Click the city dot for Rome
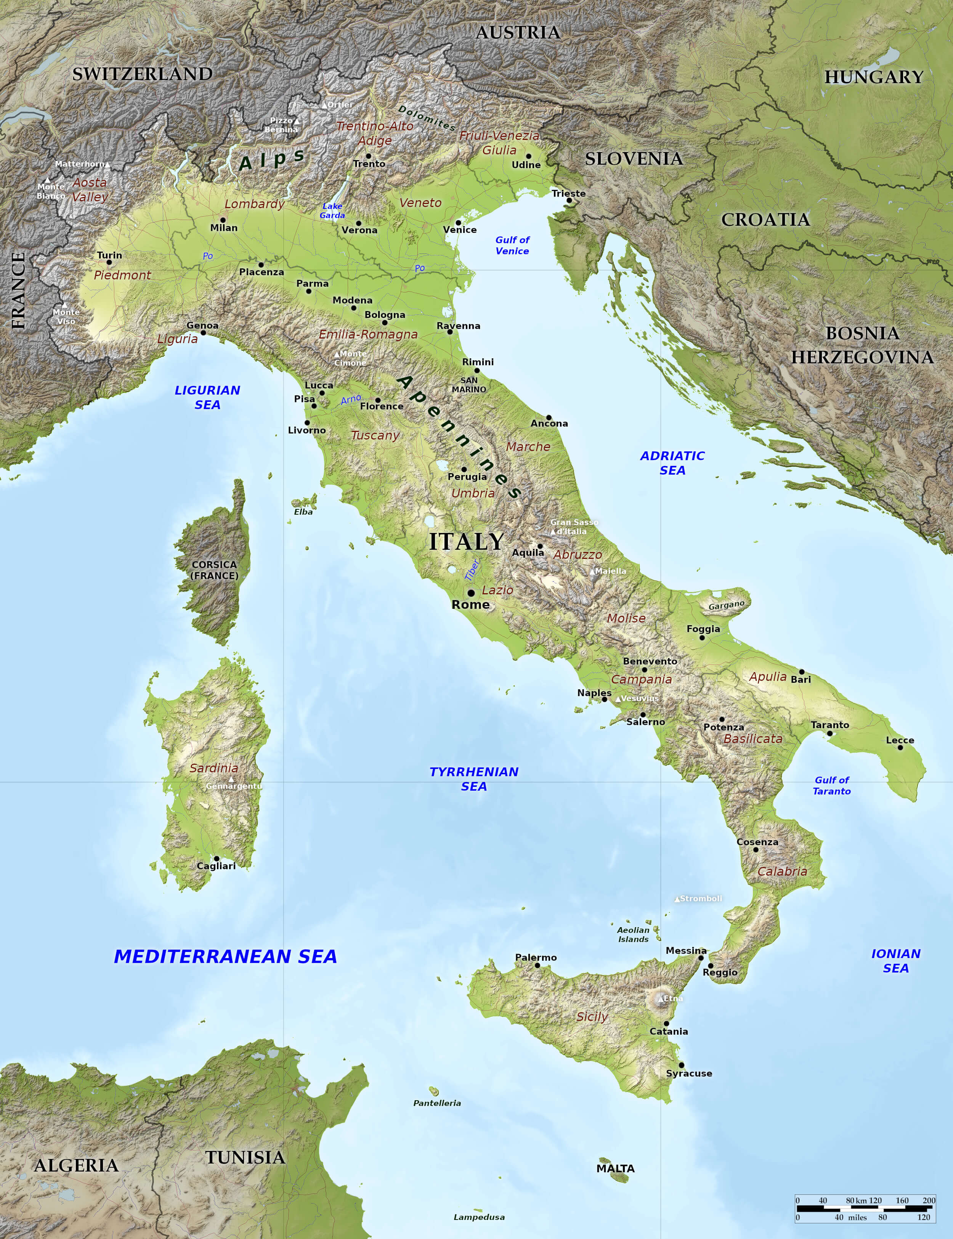point(471,593)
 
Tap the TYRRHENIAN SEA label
point(474,779)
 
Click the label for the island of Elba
point(303,512)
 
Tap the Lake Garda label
point(332,210)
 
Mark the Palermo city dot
point(537,965)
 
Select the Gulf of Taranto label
point(832,786)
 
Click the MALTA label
point(616,1168)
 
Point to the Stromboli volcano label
point(701,899)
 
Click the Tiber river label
point(472,570)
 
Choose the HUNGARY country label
point(874,77)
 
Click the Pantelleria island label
point(437,1103)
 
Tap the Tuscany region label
point(375,435)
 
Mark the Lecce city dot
point(900,748)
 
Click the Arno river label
point(351,400)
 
